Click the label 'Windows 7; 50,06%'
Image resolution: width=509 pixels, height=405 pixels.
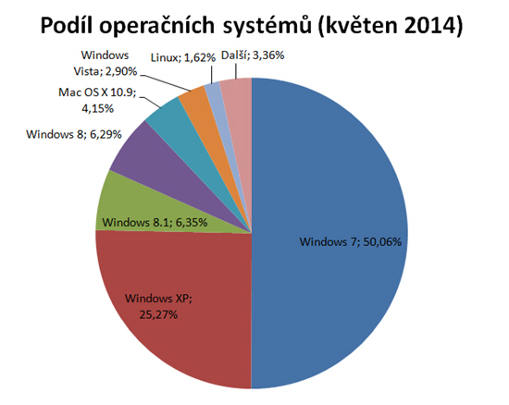pos(352,242)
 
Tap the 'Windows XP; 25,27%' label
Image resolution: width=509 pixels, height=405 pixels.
pos(159,306)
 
